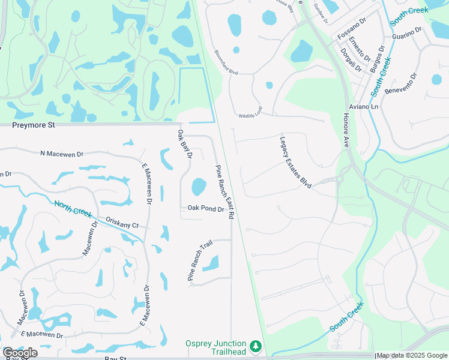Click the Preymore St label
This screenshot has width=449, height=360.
tap(34, 125)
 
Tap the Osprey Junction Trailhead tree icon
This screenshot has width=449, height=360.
tap(256, 346)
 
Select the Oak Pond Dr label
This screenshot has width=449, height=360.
tap(205, 209)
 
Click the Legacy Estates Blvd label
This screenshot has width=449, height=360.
tap(295, 163)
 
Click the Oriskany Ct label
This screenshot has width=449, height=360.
tap(122, 223)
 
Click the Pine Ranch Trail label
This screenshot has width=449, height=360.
tap(200, 261)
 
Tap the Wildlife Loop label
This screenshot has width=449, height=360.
tap(250, 115)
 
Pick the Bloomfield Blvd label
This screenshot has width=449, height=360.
tap(226, 62)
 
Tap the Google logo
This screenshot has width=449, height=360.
tap(20, 353)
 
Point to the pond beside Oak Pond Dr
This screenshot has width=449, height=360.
tap(199, 187)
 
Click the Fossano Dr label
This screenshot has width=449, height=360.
tap(352, 30)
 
